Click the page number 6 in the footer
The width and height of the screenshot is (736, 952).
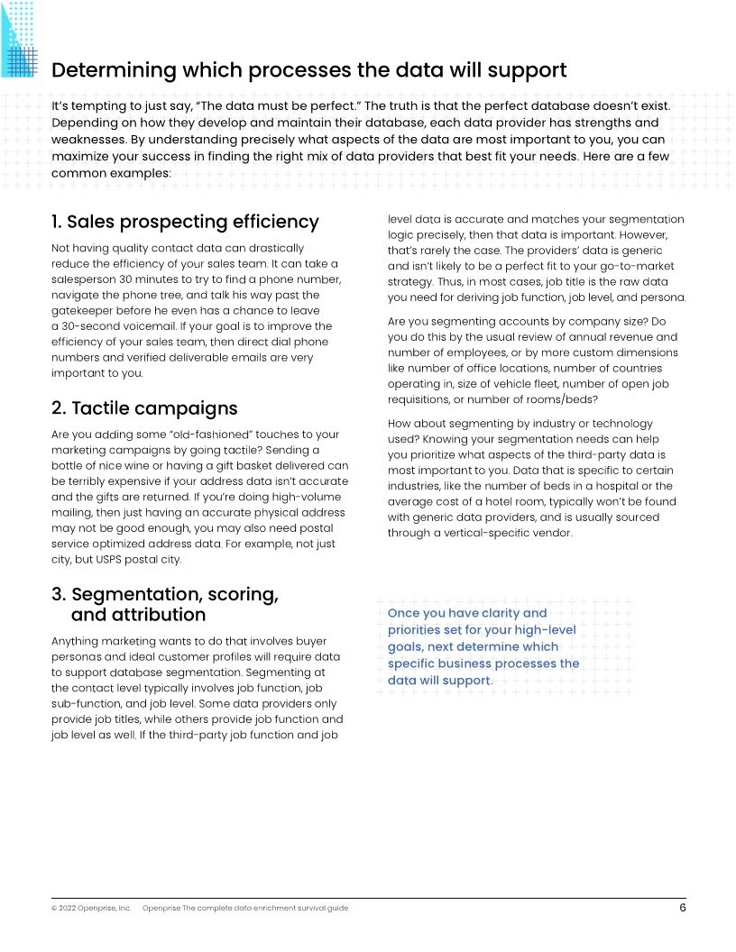683,908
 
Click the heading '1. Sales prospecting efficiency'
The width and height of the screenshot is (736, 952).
185,222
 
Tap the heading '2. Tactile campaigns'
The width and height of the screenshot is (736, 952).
144,408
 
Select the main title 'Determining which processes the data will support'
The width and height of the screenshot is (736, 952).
308,70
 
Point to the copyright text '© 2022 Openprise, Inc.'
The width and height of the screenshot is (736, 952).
91,908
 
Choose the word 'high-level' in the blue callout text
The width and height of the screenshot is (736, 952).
542,630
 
